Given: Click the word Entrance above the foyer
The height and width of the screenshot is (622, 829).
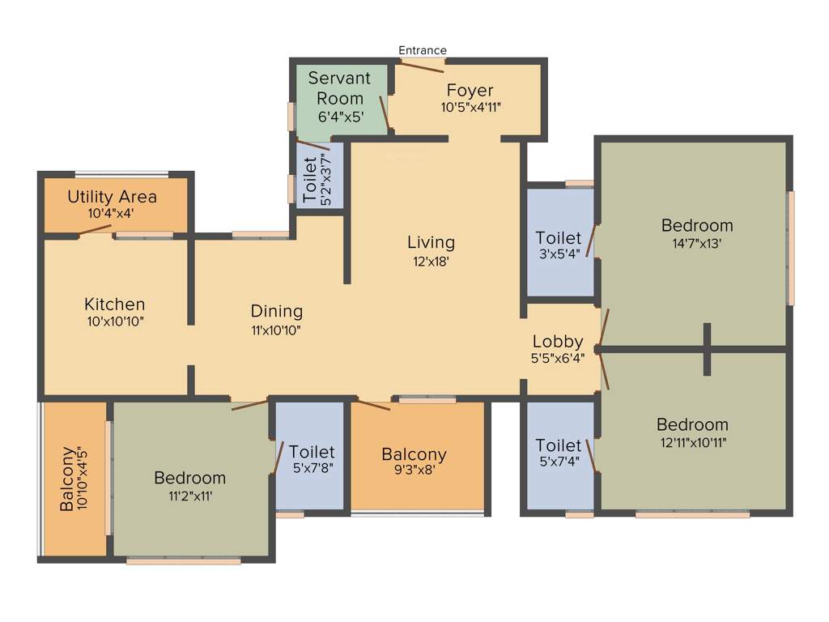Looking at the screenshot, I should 422,50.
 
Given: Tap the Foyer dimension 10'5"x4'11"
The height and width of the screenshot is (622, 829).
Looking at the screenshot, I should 471,107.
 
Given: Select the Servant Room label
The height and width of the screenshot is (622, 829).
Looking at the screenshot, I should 339,88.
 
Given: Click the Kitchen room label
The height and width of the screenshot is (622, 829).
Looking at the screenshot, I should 115,305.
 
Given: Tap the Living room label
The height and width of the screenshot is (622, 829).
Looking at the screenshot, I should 431,242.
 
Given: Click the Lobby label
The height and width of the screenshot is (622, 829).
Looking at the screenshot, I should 558,342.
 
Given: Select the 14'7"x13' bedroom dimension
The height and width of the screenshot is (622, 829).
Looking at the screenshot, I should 697,243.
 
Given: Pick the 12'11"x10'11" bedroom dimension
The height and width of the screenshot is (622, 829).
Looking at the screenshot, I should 692,442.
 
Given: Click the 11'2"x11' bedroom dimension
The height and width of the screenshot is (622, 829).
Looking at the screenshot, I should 190,496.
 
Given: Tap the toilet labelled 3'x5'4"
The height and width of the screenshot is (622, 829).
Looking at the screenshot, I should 559,238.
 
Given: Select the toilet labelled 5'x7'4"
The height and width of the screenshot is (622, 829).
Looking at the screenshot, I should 559,445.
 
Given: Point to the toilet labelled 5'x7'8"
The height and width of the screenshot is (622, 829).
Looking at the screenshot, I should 312,452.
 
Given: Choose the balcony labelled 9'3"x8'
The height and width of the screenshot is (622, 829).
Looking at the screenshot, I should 414,454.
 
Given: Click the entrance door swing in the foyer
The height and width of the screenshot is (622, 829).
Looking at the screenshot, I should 423,66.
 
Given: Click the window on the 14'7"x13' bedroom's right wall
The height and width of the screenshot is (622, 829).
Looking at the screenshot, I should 791,248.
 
